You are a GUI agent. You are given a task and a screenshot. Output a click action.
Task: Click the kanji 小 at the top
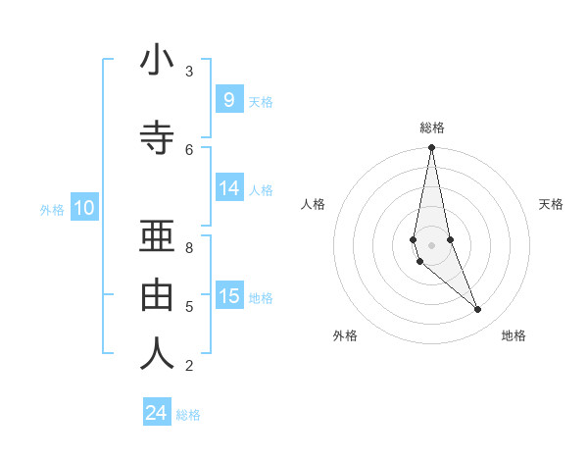[157, 62]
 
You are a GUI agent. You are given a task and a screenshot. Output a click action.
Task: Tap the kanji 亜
[157, 236]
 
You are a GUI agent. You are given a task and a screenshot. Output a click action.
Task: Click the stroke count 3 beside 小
[189, 72]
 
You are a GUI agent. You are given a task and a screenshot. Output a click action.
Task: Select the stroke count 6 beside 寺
[189, 149]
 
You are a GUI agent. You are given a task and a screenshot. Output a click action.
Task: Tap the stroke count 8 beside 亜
[189, 247]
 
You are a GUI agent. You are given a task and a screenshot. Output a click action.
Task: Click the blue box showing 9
[228, 99]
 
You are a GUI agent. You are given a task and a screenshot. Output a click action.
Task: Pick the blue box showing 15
[228, 296]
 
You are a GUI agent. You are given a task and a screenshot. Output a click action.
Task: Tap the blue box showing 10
[83, 208]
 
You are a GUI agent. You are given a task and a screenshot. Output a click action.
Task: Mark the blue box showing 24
[157, 413]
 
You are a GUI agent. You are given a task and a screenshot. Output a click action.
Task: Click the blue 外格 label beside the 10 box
[52, 209]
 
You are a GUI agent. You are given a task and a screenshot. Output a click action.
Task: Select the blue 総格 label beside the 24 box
[188, 415]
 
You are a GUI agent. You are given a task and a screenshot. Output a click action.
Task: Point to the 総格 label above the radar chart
[432, 128]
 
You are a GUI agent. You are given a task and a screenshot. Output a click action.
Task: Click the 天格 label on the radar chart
[552, 204]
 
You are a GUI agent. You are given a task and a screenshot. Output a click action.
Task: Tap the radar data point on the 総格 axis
[431, 147]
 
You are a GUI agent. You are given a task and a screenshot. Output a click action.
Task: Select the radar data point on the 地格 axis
[478, 310]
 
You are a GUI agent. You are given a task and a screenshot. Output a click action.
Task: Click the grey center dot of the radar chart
[431, 244]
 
